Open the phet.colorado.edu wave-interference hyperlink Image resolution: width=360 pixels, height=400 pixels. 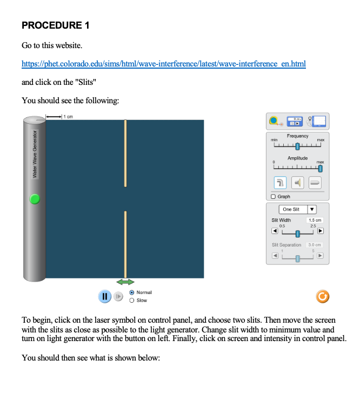tap(163, 64)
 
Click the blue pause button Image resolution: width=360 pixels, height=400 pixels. tap(105, 296)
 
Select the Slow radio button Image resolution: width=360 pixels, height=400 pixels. tap(131, 301)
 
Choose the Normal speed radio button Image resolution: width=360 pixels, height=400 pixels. tap(131, 292)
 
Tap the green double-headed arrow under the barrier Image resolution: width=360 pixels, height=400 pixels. tap(125, 282)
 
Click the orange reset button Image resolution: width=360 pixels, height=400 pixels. tap(322, 296)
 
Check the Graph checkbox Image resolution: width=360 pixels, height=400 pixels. tap(274, 197)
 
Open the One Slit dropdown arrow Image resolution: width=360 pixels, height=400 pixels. tap(311, 209)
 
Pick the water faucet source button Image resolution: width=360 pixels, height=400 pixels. tap(280, 183)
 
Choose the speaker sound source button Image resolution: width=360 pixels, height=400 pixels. tap(298, 183)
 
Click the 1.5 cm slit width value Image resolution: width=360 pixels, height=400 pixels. tap(315, 221)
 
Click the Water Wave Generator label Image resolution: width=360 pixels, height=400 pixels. tap(35, 154)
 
